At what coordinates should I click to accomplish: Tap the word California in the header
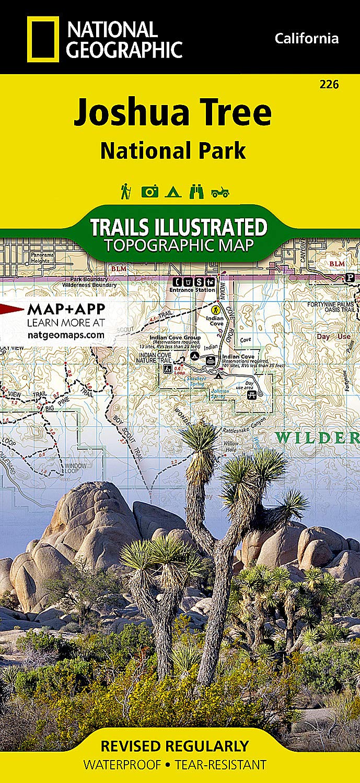[x=307, y=38]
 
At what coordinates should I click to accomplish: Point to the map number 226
[x=331, y=84]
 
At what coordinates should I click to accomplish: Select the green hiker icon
[x=126, y=191]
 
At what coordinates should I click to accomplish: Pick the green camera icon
[x=150, y=192]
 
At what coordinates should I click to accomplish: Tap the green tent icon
[x=173, y=192]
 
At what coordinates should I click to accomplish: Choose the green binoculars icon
[x=196, y=192]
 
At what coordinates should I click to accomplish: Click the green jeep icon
[x=220, y=192]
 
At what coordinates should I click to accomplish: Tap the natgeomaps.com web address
[x=65, y=335]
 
